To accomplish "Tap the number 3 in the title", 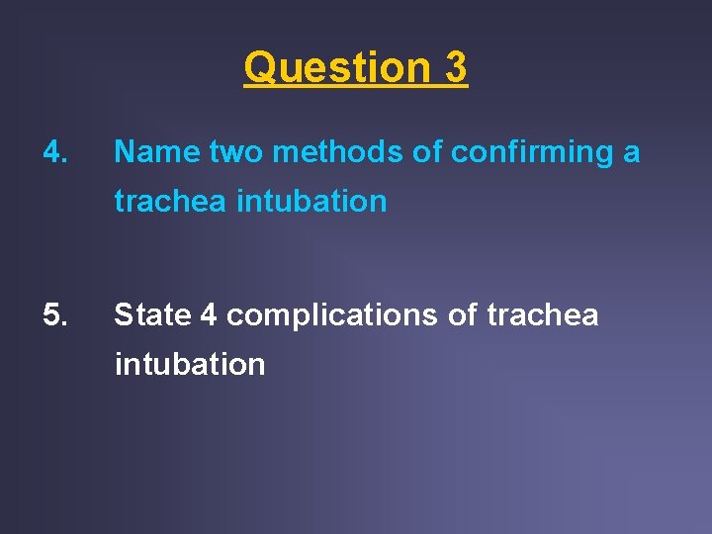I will coord(456,68).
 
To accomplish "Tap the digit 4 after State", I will coord(209,314).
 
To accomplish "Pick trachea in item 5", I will coord(543,314).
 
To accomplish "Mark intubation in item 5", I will coord(190,364).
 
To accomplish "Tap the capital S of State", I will coord(124,314).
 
